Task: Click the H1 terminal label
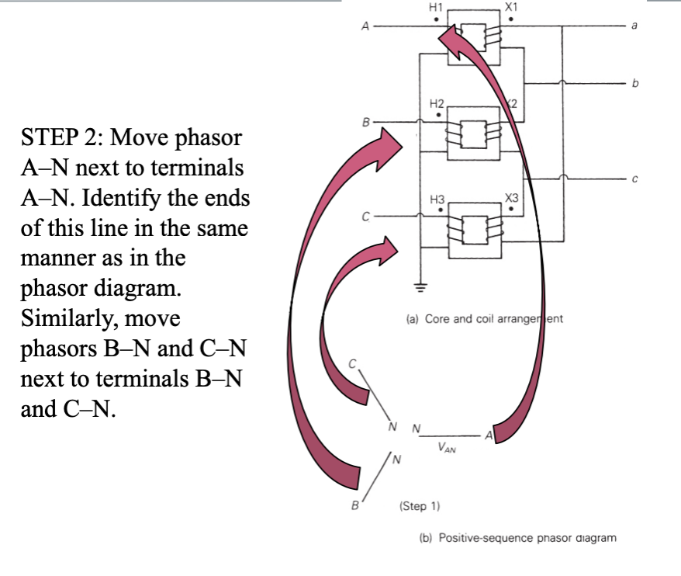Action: click(436, 8)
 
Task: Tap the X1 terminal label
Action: click(511, 8)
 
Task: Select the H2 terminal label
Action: click(437, 103)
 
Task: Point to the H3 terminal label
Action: click(437, 199)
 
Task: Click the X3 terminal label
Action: click(512, 198)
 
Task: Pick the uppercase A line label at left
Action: click(365, 26)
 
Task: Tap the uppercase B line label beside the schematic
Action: click(365, 122)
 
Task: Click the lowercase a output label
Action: click(634, 26)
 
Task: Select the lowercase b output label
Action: click(635, 82)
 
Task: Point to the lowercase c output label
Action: click(634, 179)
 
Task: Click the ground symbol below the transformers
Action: click(420, 287)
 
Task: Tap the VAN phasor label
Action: click(447, 447)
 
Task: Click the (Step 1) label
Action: click(420, 506)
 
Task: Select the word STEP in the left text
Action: click(50, 137)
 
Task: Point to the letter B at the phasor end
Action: click(355, 505)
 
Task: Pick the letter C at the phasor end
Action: click(352, 364)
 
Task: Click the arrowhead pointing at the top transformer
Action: click(451, 40)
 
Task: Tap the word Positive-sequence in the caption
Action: click(486, 538)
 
